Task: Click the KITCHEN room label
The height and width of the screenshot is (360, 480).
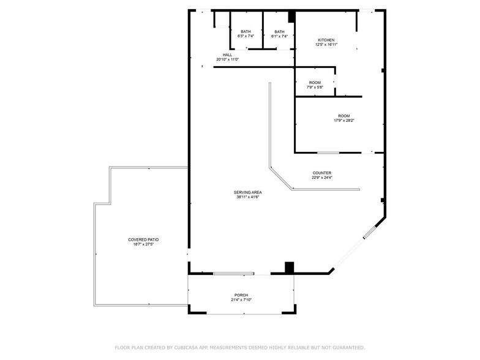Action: [326, 40]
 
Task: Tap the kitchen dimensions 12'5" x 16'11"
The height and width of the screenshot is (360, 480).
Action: [326, 45]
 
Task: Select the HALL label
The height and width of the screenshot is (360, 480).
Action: [227, 55]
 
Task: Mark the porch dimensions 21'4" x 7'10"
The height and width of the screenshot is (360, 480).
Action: [241, 299]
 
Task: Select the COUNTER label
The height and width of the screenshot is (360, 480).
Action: [321, 173]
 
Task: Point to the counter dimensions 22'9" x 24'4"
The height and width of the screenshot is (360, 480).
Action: [321, 178]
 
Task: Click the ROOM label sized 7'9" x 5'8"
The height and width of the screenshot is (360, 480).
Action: [315, 83]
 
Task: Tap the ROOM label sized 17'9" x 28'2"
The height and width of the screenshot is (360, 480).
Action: [343, 116]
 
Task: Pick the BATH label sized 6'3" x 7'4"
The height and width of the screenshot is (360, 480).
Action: [246, 32]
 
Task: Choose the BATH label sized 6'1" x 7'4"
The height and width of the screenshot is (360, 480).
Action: [279, 32]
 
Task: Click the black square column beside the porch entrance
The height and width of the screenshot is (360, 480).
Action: [290, 268]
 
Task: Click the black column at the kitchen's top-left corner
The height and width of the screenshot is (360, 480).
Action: [292, 17]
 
